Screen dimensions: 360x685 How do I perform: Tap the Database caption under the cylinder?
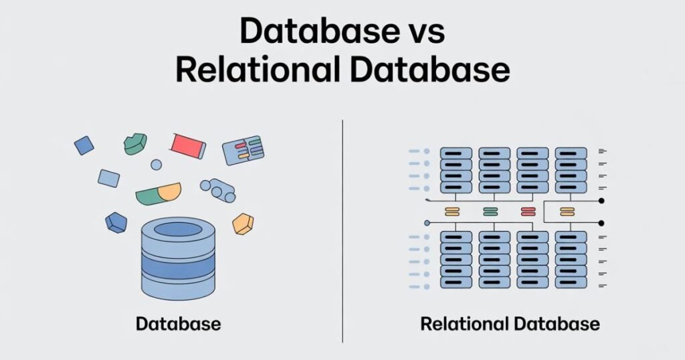178,325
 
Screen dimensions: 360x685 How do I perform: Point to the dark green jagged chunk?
135,144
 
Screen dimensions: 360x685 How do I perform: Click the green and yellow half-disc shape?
158,194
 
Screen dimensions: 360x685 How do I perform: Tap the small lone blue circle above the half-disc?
156,165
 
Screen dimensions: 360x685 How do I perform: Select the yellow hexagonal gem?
243,223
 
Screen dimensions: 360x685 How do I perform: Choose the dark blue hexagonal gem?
116,223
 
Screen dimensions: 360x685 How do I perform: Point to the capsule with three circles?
218,189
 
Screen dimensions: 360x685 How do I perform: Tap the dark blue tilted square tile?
84,145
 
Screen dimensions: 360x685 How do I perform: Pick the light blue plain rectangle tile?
108,178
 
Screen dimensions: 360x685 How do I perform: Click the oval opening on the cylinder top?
178,230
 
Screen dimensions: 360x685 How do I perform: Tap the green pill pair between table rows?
490,212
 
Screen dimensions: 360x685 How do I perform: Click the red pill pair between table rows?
528,212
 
